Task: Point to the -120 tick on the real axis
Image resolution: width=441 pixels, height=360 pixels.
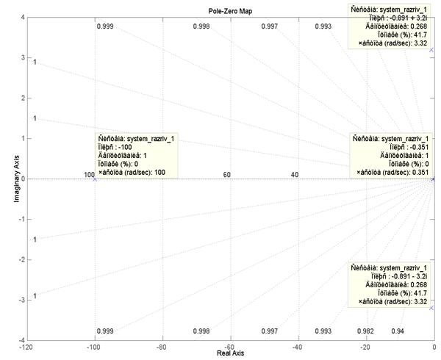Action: pos(26,346)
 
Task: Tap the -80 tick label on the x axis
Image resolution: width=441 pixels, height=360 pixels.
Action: pos(162,346)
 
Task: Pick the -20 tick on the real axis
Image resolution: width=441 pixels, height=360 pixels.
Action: pos(365,346)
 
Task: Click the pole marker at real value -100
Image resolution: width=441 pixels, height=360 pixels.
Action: pos(95,179)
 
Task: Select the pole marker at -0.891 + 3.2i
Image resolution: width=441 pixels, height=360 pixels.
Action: pos(431,50)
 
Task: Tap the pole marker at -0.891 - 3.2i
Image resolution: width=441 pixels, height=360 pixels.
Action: pos(431,308)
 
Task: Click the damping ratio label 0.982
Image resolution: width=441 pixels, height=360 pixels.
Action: pos(365,331)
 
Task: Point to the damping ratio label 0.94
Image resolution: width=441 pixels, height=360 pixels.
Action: pos(398,331)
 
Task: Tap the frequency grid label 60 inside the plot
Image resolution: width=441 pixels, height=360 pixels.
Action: pos(227,175)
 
